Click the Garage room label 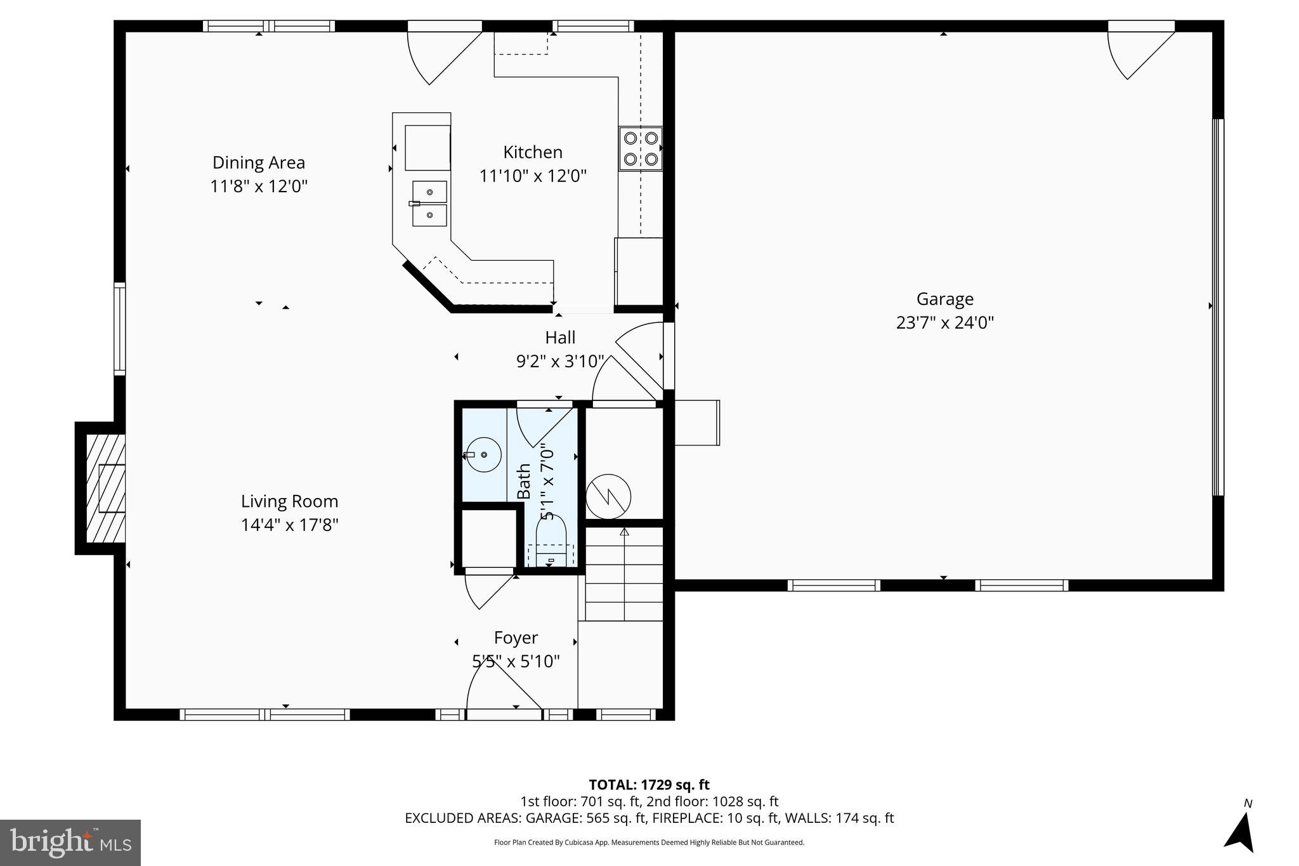click(944, 299)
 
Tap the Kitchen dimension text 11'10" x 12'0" click(533, 176)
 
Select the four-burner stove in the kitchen click(641, 148)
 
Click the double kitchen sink click(429, 204)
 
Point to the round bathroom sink click(483, 454)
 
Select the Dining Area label click(259, 162)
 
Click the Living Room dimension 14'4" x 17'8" click(289, 525)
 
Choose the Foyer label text click(516, 638)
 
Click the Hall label click(560, 338)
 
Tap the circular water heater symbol click(608, 496)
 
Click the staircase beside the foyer click(624, 574)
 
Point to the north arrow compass click(1241, 831)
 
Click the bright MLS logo click(70, 843)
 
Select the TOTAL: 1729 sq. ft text click(649, 785)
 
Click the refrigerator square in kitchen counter click(428, 148)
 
